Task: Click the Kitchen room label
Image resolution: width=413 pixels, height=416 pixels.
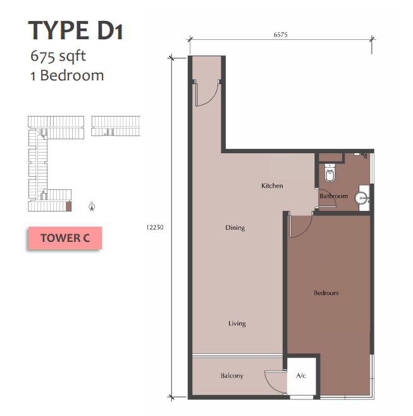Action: point(272,186)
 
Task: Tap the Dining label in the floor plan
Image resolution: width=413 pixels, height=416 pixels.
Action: point(235,228)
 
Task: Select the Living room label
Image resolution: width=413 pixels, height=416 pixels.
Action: point(237,324)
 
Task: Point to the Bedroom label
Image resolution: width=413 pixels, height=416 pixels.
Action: point(326,293)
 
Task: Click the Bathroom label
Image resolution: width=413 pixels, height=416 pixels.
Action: point(333,196)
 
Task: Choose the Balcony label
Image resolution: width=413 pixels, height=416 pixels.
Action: point(232,375)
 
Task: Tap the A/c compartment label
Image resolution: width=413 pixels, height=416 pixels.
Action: point(301,375)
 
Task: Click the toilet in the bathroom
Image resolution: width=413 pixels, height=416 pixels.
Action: point(330,173)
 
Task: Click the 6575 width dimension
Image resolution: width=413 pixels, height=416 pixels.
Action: point(280,35)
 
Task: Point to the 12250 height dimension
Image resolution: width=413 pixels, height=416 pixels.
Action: point(155,227)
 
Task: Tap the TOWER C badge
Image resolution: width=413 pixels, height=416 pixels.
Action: point(65,238)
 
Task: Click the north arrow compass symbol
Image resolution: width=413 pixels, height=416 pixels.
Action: point(92,206)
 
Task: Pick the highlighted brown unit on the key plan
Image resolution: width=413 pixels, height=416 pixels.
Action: point(69,206)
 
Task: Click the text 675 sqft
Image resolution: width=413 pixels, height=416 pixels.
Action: point(58,56)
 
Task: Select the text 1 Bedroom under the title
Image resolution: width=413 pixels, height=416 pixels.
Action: point(67,75)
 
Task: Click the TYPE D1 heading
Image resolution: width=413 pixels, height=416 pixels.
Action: point(75,30)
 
